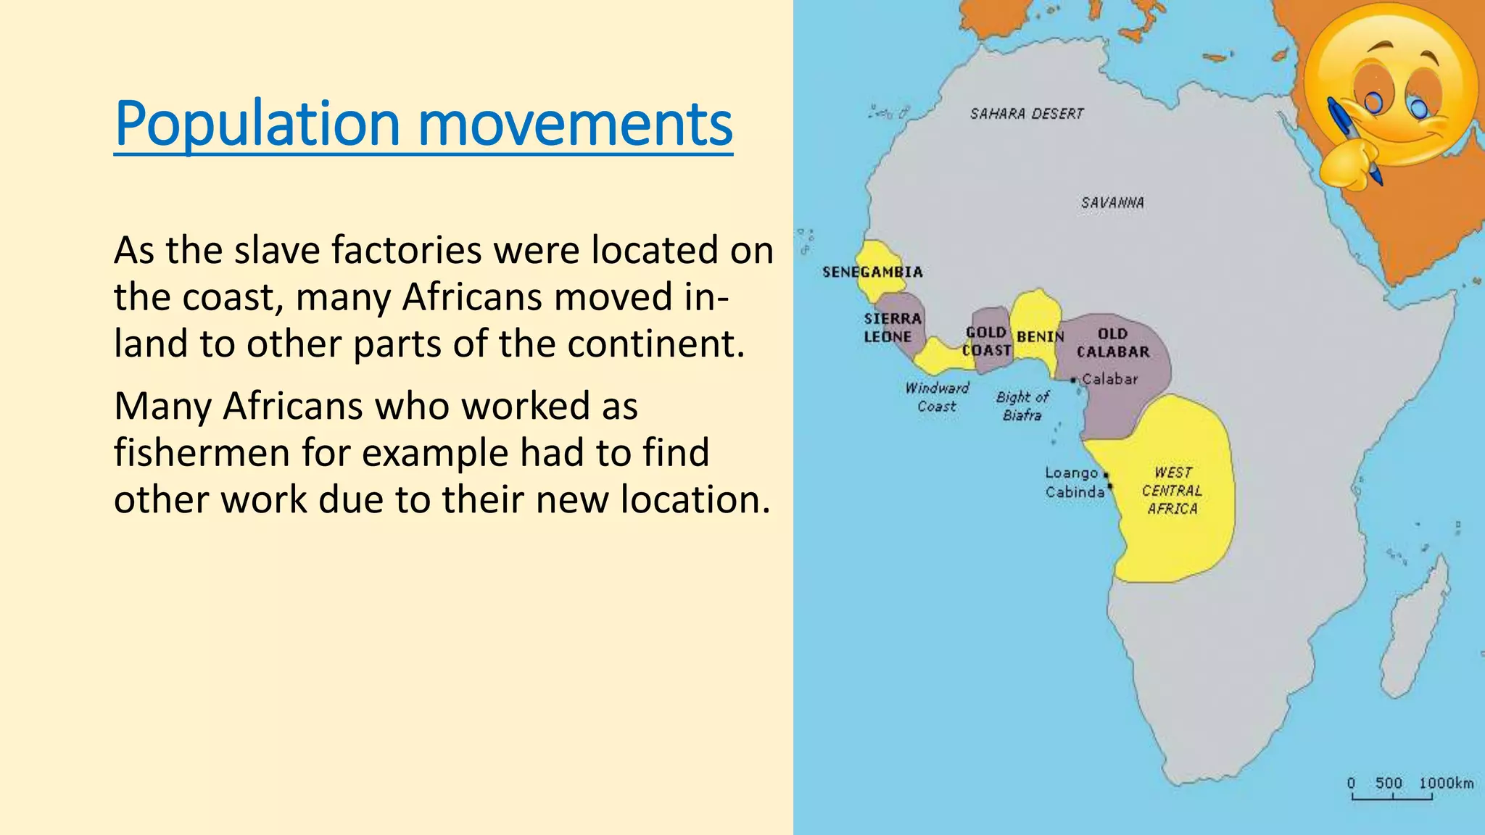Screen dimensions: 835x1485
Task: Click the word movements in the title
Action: click(x=576, y=125)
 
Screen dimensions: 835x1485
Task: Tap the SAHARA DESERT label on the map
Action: click(x=1027, y=114)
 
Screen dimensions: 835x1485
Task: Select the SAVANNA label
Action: click(x=1112, y=203)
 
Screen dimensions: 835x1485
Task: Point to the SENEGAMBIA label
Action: click(x=872, y=273)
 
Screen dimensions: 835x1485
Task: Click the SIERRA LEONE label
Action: click(x=891, y=328)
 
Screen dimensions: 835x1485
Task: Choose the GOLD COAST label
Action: click(x=986, y=341)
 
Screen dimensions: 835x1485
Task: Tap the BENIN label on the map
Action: click(x=1040, y=337)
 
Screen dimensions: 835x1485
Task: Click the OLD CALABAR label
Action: click(x=1113, y=343)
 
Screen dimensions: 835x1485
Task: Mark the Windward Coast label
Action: click(x=937, y=397)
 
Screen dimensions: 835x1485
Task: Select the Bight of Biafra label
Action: click(x=1022, y=406)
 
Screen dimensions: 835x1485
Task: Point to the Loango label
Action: click(x=1071, y=473)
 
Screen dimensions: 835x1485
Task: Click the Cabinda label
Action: click(x=1075, y=492)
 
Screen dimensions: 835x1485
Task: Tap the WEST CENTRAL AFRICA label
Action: click(x=1172, y=491)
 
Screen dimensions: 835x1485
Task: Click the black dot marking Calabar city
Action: click(x=1073, y=380)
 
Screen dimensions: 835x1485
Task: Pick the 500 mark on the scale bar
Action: click(x=1389, y=784)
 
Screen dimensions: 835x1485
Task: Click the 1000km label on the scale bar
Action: click(x=1446, y=784)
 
